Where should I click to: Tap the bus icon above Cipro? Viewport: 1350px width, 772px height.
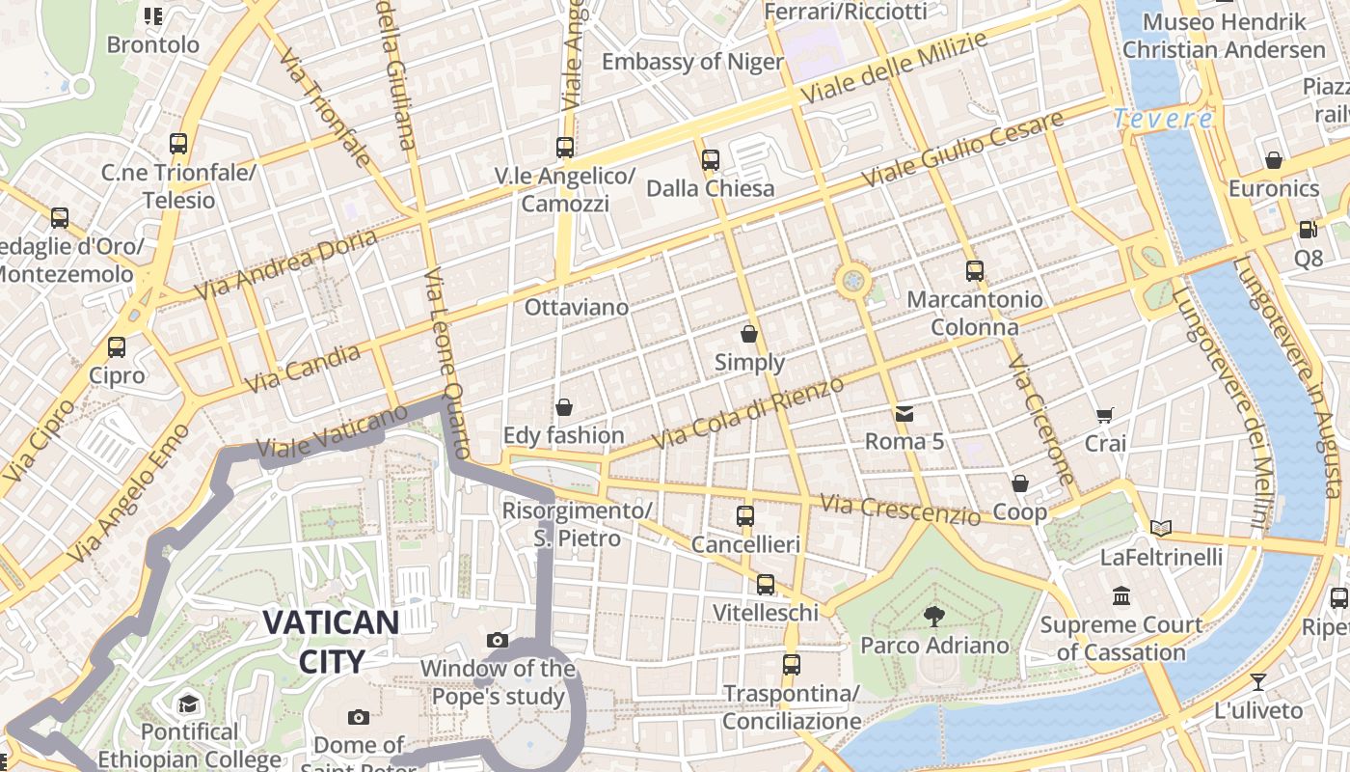pos(117,347)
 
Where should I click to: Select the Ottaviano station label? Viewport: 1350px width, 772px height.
pos(576,308)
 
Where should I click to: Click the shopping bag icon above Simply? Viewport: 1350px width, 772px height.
pos(749,334)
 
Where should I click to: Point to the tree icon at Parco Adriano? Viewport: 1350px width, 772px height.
pos(933,616)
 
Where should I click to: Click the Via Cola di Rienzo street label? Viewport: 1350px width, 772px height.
pos(747,413)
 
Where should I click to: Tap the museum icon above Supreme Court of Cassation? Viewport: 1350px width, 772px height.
pos(1120,596)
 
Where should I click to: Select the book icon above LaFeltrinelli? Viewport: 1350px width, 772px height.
pos(1161,528)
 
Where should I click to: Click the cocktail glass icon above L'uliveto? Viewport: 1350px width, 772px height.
pos(1258,682)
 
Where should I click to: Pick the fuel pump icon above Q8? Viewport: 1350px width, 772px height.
pos(1308,230)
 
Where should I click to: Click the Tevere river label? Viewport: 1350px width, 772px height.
pos(1163,120)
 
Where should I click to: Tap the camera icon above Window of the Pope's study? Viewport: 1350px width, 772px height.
pos(498,640)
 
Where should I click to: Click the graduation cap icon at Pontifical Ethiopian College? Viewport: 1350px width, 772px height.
pos(188,703)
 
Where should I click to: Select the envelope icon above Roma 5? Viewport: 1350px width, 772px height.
pos(904,414)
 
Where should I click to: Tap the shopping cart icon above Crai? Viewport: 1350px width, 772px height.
pos(1105,416)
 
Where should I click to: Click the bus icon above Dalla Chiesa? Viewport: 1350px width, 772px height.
pos(711,160)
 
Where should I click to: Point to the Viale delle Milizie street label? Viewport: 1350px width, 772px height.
pos(894,68)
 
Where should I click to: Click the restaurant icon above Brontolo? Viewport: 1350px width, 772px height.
pos(152,15)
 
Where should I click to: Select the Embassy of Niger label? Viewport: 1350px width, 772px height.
pos(692,63)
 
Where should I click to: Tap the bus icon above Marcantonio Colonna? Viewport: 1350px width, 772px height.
pos(975,271)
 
